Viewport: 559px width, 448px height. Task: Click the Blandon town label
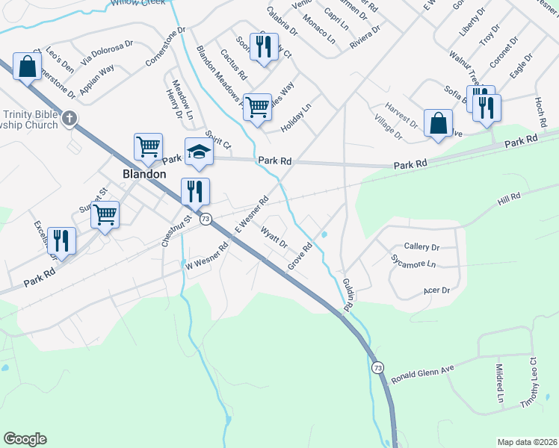(x=144, y=173)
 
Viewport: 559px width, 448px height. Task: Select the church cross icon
(x=70, y=118)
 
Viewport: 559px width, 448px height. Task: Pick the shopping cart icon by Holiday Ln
(x=257, y=106)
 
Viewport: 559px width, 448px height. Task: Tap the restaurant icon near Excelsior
(x=61, y=240)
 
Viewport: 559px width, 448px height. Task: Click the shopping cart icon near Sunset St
(x=105, y=215)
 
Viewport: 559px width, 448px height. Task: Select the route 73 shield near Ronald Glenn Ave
(x=377, y=368)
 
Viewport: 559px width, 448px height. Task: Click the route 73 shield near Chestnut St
(x=206, y=219)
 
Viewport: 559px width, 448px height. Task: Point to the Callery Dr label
(x=421, y=246)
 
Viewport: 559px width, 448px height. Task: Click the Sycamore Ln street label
(x=413, y=263)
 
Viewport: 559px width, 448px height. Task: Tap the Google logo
(x=25, y=439)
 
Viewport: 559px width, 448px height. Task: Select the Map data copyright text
(x=526, y=442)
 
